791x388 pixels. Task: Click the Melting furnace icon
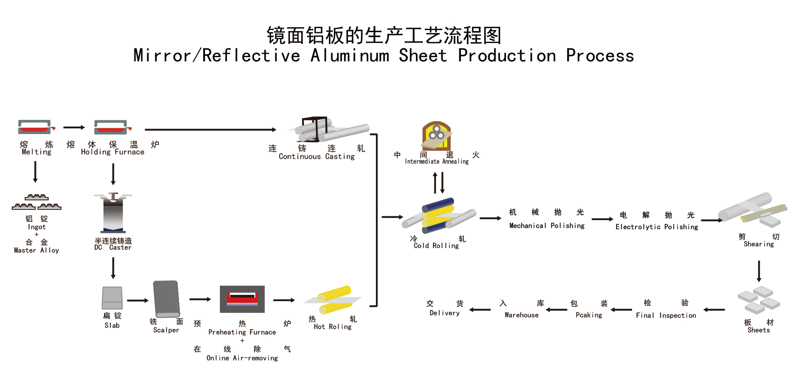[x=35, y=127]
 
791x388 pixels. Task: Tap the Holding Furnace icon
[x=112, y=127]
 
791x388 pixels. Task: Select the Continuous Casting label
[x=317, y=157]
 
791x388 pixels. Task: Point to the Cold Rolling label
[x=436, y=246]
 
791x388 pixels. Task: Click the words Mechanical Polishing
[x=547, y=226]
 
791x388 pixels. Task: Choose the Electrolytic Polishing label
[x=657, y=227]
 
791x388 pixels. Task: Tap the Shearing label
[x=758, y=244]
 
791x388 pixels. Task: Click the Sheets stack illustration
[x=759, y=300]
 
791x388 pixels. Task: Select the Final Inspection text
[x=666, y=316]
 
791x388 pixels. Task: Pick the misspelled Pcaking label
[x=589, y=315]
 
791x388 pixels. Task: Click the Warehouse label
[x=521, y=315]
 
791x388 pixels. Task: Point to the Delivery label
[x=445, y=313]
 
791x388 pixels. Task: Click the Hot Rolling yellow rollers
[x=335, y=300]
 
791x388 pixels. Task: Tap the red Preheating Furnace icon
[x=242, y=299]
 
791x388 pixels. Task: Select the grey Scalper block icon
[x=166, y=299]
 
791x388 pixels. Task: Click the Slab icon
[x=112, y=298]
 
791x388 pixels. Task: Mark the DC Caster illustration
[x=113, y=213]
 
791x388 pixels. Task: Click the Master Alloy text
[x=36, y=251]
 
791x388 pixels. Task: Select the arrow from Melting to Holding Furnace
[x=74, y=127]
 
